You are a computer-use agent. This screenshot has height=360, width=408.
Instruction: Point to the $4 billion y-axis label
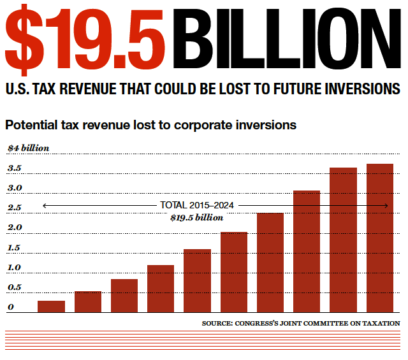[x=28, y=148]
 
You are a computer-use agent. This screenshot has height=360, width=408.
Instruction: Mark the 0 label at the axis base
[x=11, y=307]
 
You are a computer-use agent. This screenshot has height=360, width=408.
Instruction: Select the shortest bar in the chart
[x=52, y=306]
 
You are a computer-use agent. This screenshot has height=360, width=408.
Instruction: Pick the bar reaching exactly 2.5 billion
[x=270, y=262]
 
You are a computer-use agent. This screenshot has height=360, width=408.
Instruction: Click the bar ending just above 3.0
[x=307, y=251]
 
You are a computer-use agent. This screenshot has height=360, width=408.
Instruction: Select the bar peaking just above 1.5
[x=197, y=280]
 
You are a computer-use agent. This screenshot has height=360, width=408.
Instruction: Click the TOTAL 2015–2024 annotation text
[x=197, y=205]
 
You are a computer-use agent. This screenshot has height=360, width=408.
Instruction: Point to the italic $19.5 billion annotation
[x=197, y=217]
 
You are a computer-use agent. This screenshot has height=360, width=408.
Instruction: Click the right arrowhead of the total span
[x=387, y=205]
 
